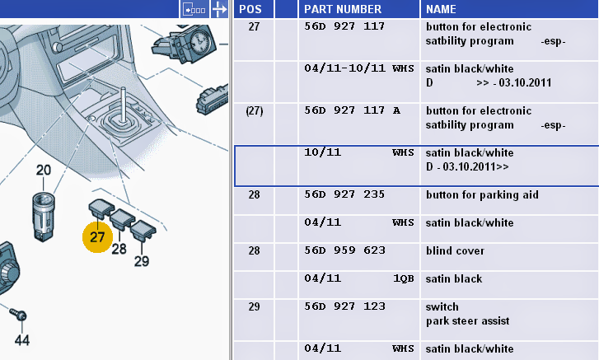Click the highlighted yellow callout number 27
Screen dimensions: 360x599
click(x=97, y=236)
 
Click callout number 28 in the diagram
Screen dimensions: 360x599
click(x=119, y=248)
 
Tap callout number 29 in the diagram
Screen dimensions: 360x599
click(x=142, y=261)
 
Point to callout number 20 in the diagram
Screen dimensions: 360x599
click(x=43, y=171)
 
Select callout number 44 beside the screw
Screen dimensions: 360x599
click(x=21, y=339)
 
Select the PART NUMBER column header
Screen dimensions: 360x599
click(x=343, y=9)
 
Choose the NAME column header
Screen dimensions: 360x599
click(x=441, y=9)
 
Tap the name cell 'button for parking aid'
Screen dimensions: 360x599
click(x=482, y=194)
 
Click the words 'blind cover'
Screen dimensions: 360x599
click(x=455, y=250)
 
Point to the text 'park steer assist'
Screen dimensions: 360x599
click(x=467, y=320)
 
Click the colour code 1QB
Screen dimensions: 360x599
click(x=403, y=278)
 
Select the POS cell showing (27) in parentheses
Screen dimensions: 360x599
click(x=254, y=110)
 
